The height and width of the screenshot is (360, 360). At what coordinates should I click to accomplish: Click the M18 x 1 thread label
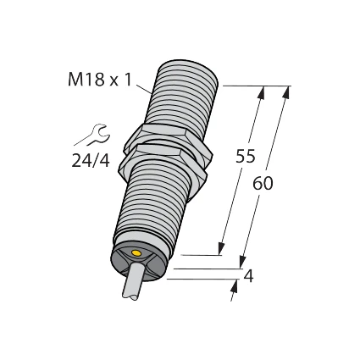click(x=100, y=80)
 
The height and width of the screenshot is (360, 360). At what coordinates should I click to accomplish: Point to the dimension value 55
click(x=246, y=157)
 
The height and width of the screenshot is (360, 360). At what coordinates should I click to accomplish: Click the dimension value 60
click(x=263, y=183)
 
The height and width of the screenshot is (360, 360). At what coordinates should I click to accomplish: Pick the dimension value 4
click(x=248, y=276)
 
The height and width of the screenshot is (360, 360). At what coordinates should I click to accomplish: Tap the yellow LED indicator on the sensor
click(x=136, y=253)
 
